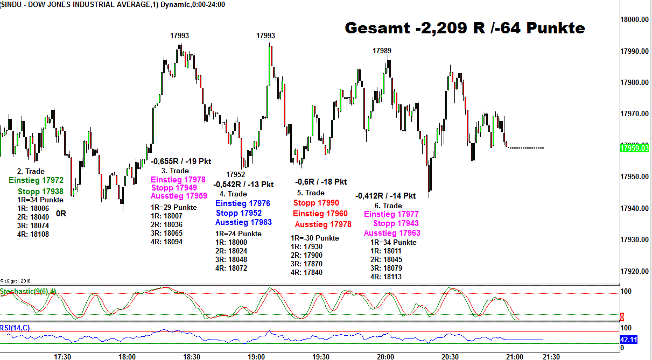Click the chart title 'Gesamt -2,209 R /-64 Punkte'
tap(464, 28)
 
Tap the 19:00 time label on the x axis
tap(256, 356)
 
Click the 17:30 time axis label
tap(63, 356)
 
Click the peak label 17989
tap(382, 51)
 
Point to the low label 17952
tap(235, 174)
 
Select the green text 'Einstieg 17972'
tap(37, 181)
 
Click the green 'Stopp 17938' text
tap(40, 191)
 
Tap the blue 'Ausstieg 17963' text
tap(243, 222)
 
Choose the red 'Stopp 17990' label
tap(316, 203)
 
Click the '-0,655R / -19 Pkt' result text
tap(181, 161)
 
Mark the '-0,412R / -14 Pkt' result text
tap(385, 196)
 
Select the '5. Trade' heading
tap(311, 193)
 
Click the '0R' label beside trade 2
tap(61, 213)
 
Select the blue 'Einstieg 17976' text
tap(243, 203)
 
